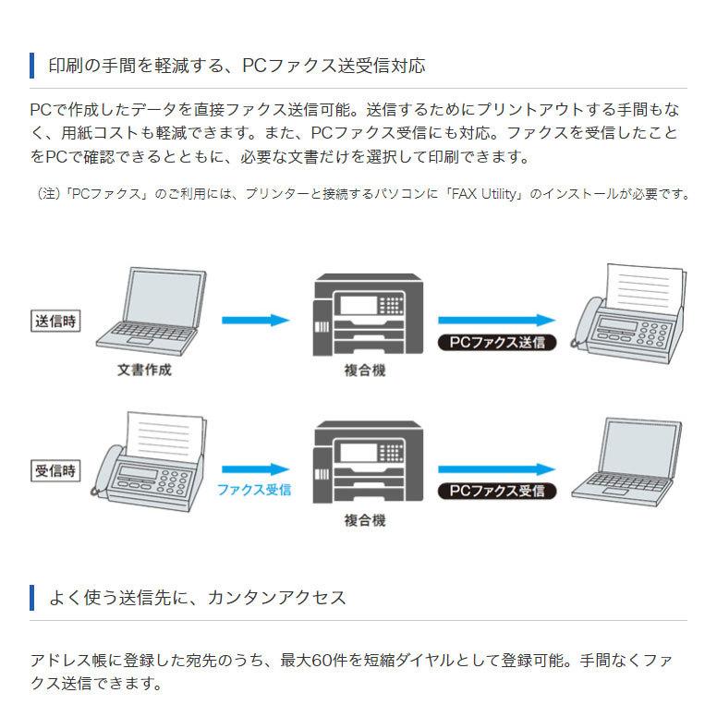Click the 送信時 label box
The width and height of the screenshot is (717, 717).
(55, 321)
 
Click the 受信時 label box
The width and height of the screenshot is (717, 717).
(55, 470)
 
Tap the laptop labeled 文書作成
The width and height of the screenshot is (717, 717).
(152, 311)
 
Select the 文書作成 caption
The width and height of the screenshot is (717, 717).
(144, 370)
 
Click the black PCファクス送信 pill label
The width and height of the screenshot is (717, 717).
(497, 343)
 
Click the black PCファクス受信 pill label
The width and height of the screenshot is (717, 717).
(497, 492)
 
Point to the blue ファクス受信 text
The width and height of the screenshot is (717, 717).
(254, 490)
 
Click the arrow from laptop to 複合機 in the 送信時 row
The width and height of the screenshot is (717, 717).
(256, 320)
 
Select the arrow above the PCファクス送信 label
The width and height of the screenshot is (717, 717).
(497, 320)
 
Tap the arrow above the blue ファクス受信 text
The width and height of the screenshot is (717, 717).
(256, 469)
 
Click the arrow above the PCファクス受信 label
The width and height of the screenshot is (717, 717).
(497, 469)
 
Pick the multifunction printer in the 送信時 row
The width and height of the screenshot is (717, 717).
(368, 314)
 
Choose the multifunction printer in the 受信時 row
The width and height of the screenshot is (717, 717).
(368, 462)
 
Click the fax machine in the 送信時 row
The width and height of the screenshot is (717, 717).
(628, 314)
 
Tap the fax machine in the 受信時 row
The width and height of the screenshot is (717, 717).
(150, 462)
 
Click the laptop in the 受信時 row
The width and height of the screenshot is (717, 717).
(627, 462)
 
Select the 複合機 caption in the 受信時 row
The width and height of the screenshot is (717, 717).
(365, 520)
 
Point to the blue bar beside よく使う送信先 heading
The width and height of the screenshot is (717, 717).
(31, 597)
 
